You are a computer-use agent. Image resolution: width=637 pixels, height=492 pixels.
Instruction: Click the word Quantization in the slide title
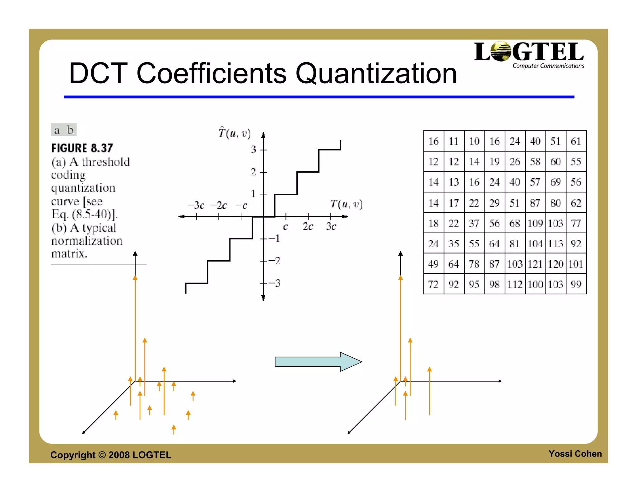[376, 74]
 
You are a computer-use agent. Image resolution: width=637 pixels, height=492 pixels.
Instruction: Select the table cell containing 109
[535, 223]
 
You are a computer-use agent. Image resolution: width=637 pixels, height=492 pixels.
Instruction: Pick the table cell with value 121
[535, 264]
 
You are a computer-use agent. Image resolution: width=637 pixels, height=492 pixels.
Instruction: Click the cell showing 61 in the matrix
[576, 141]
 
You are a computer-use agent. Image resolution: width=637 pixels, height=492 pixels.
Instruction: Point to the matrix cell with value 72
[433, 284]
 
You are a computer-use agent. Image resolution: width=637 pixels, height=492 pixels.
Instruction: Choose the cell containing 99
[576, 284]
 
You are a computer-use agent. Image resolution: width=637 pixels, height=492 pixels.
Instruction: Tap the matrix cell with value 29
[494, 203]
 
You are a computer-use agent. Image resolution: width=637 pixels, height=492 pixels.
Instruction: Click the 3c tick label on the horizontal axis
[331, 226]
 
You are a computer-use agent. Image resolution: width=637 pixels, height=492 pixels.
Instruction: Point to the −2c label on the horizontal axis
[219, 205]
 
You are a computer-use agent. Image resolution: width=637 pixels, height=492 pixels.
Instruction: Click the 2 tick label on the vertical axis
[253, 172]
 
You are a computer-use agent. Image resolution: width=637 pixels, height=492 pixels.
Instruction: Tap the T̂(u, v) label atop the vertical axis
[234, 133]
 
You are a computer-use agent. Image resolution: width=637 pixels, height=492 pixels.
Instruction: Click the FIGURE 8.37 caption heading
[82, 148]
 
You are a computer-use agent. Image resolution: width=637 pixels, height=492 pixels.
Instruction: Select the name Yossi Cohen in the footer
[575, 454]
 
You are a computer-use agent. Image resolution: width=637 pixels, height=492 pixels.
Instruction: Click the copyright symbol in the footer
[102, 455]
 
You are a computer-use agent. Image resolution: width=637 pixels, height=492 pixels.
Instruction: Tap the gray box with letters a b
[64, 130]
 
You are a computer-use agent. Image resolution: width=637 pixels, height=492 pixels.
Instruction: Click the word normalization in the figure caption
[87, 241]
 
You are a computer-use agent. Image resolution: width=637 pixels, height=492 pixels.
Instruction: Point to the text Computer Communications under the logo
[548, 66]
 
